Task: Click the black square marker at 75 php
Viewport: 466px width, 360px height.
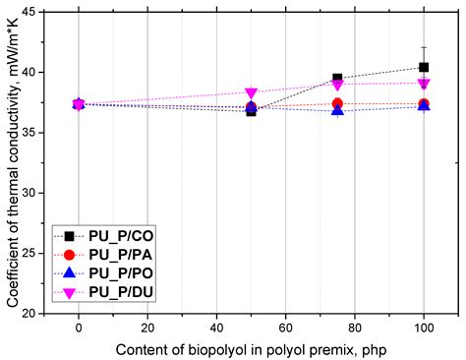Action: click(337, 78)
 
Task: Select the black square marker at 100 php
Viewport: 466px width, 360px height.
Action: click(424, 67)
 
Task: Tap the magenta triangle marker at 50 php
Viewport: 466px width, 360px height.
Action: click(251, 92)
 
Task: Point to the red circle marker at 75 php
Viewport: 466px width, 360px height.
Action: click(337, 103)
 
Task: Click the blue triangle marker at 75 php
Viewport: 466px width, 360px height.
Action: click(337, 110)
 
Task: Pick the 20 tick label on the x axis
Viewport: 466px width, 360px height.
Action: click(147, 327)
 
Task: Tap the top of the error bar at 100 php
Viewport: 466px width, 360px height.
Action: click(424, 46)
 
